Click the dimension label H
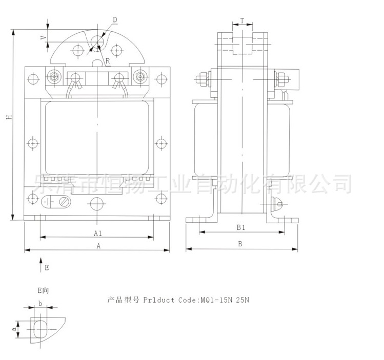[x=9, y=118]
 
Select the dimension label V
[x=43, y=37]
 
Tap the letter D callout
[x=115, y=19]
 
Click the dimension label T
[x=242, y=21]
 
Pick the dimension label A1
[x=98, y=233]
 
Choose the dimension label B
[x=240, y=244]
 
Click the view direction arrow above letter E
[x=40, y=263]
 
